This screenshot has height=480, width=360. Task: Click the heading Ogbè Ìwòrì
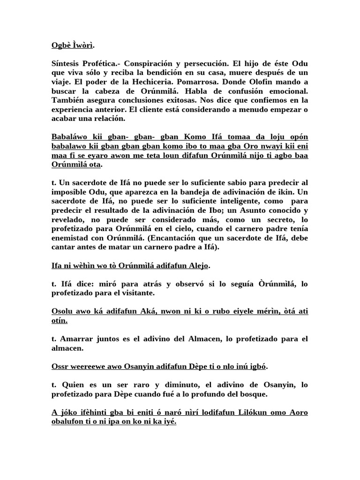point(72,45)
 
